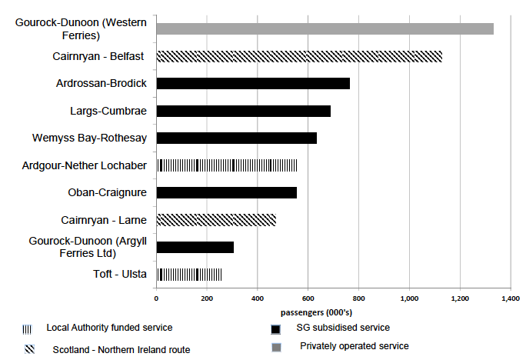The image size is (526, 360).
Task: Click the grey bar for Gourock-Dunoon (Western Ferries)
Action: [325, 29]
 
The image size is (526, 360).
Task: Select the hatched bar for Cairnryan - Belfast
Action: [299, 56]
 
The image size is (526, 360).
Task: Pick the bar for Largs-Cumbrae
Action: [243, 111]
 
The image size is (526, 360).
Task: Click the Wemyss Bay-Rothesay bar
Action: [237, 138]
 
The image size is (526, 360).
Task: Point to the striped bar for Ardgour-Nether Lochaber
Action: [227, 165]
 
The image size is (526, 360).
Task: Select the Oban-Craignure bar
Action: [226, 192]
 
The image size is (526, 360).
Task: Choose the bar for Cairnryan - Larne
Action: [216, 220]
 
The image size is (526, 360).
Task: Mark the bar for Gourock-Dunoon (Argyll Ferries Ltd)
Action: [195, 247]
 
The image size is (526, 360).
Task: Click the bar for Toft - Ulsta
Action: [189, 275]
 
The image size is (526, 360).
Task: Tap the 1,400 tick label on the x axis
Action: [510, 297]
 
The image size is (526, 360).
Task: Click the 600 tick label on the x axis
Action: [308, 297]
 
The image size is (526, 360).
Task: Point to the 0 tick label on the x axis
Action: [157, 297]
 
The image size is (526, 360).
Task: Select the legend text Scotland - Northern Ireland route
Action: [121, 350]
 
